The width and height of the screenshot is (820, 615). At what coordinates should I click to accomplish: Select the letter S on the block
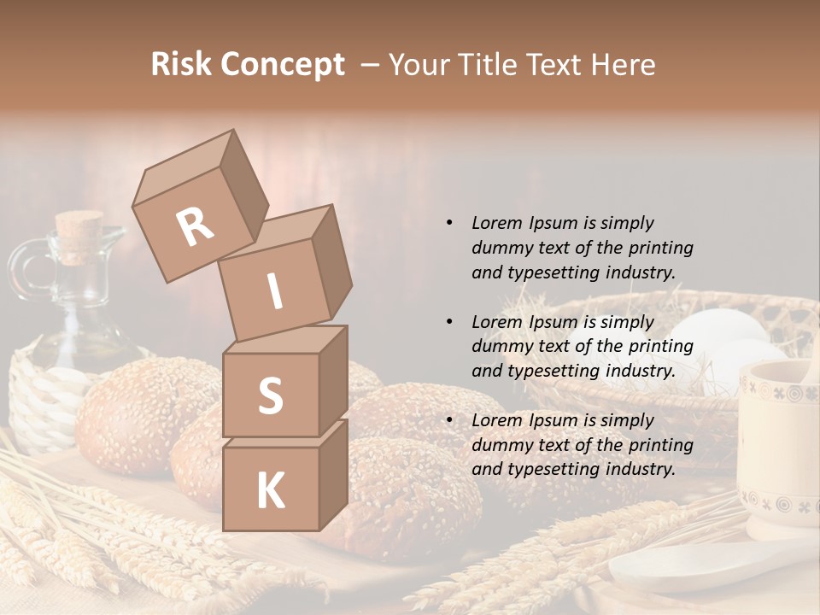point(270,395)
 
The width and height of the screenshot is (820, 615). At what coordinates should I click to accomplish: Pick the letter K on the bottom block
point(270,490)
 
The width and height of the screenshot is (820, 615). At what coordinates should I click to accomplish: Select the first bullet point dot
point(449,223)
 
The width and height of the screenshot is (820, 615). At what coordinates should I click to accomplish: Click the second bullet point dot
point(449,322)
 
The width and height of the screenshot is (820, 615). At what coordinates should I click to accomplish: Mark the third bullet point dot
point(449,420)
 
